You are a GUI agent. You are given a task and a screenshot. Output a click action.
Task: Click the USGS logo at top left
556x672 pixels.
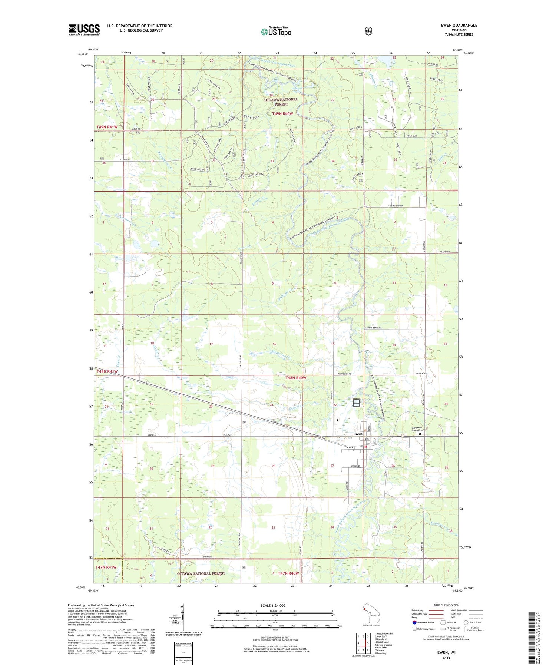(84, 30)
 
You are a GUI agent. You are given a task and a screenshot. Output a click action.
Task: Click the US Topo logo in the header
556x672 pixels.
(276, 32)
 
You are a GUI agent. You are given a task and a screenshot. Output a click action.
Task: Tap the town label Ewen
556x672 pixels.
(358, 434)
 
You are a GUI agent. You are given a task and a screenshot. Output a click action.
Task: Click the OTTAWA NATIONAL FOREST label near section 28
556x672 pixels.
(281, 102)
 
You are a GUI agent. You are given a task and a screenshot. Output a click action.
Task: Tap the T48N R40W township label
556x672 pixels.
(296, 378)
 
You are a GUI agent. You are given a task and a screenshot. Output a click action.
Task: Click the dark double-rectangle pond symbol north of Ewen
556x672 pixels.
(356, 403)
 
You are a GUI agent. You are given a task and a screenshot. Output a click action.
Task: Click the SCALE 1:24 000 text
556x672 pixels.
(273, 605)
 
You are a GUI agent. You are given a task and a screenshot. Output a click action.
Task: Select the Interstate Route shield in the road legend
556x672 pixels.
(414, 622)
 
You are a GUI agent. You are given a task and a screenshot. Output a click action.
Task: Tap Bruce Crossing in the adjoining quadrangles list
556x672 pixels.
(384, 645)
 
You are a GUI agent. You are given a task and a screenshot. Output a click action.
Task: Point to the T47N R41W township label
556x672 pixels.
(106, 567)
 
